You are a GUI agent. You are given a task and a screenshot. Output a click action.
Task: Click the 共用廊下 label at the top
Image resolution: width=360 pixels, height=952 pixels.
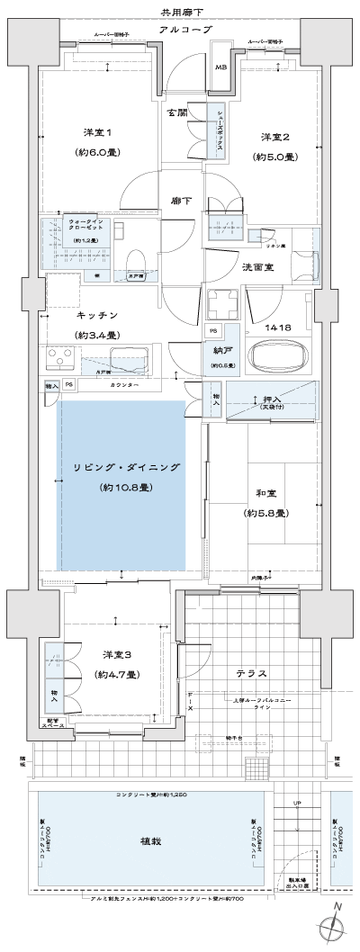point(180,12)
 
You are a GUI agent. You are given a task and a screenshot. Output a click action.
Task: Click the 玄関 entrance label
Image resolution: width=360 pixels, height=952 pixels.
point(176,113)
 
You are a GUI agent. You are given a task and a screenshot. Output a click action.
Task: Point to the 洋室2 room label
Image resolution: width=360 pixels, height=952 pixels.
point(274,137)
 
